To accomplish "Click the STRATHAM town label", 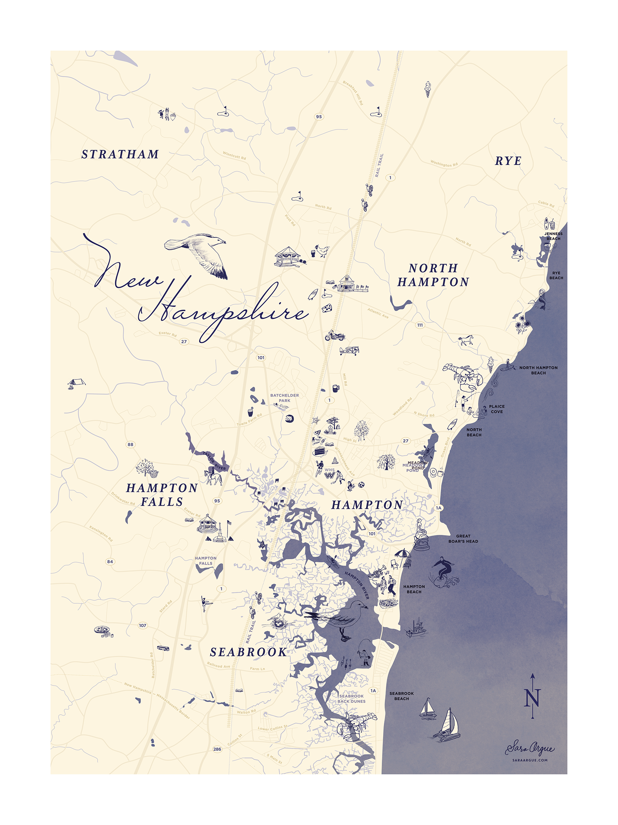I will (x=120, y=154).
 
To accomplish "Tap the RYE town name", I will (x=508, y=161).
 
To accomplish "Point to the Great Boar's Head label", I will (x=463, y=538).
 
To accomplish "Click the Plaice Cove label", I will (x=496, y=409).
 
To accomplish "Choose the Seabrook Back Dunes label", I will (x=351, y=698).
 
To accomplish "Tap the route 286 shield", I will (x=217, y=749).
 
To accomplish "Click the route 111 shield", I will (x=420, y=325).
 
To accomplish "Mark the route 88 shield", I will (x=130, y=444).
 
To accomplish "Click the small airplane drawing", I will (x=349, y=350).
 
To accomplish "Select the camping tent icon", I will (x=76, y=382).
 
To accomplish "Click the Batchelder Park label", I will (x=284, y=398).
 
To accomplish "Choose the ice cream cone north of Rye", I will (x=428, y=89).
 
